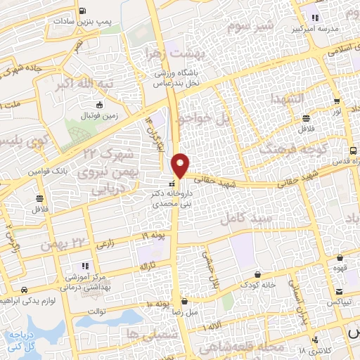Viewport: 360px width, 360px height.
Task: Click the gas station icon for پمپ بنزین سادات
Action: (84, 11)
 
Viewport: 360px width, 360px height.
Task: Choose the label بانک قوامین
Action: (46, 172)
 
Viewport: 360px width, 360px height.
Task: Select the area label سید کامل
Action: (241, 219)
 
